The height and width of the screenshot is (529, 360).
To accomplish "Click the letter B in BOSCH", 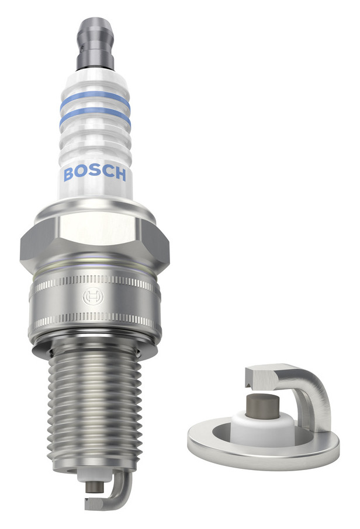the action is click(x=68, y=174).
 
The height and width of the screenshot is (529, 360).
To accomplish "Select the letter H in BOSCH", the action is click(x=120, y=174).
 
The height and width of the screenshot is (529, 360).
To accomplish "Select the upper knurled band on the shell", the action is click(x=95, y=282).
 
